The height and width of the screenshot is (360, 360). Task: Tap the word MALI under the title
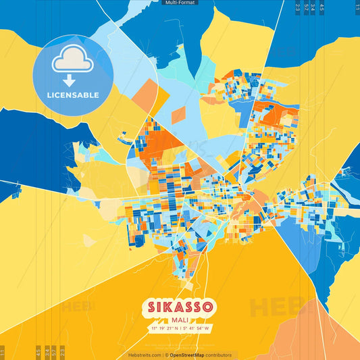[180, 319]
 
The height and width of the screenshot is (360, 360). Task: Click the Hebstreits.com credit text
[145, 355]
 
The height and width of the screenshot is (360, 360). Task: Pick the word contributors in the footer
[217, 355]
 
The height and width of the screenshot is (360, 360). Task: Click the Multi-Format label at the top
[180, 3]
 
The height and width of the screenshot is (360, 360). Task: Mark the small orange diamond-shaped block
[178, 114]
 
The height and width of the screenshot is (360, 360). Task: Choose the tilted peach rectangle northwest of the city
[145, 94]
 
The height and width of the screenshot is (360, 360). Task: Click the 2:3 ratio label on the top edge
[298, 7]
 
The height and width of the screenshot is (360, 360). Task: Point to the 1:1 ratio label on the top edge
[357, 7]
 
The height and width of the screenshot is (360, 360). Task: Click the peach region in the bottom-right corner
[331, 338]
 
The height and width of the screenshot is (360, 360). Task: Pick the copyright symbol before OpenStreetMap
[166, 355]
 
